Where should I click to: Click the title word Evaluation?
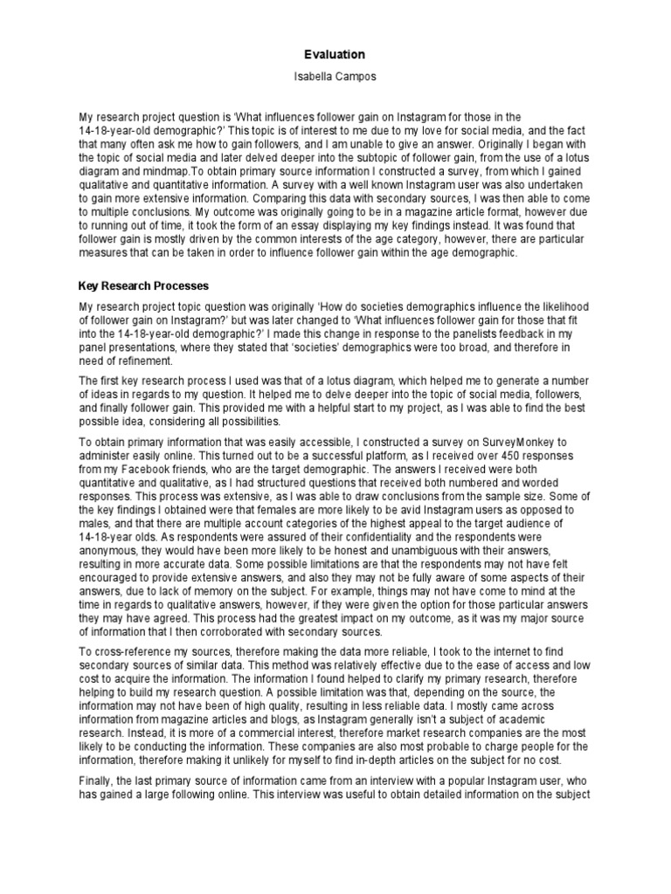[335, 54]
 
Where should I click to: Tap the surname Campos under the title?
[358, 78]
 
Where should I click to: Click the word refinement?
[143, 361]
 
